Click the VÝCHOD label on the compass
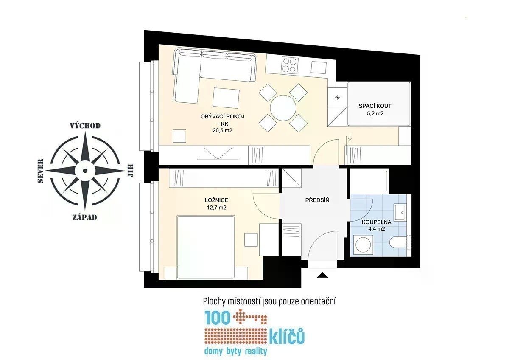pyautogui.click(x=85, y=126)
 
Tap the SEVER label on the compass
pyautogui.click(x=40, y=171)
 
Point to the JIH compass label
pyautogui.click(x=131, y=171)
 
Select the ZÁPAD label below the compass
pyautogui.click(x=85, y=217)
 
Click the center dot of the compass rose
pyautogui.click(x=85, y=171)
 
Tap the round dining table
pyautogui.click(x=283, y=108)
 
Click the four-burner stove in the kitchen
pyautogui.click(x=290, y=65)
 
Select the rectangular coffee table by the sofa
pyautogui.click(x=226, y=98)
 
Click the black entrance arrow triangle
pyautogui.click(x=322, y=275)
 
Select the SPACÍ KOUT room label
pyautogui.click(x=375, y=106)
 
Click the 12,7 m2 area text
pyautogui.click(x=217, y=208)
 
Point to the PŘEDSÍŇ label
pyautogui.click(x=317, y=200)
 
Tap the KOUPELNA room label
pyautogui.click(x=377, y=222)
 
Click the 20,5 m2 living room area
pyautogui.click(x=222, y=130)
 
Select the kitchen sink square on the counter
pyautogui.click(x=319, y=67)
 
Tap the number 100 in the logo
pyautogui.click(x=218, y=317)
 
